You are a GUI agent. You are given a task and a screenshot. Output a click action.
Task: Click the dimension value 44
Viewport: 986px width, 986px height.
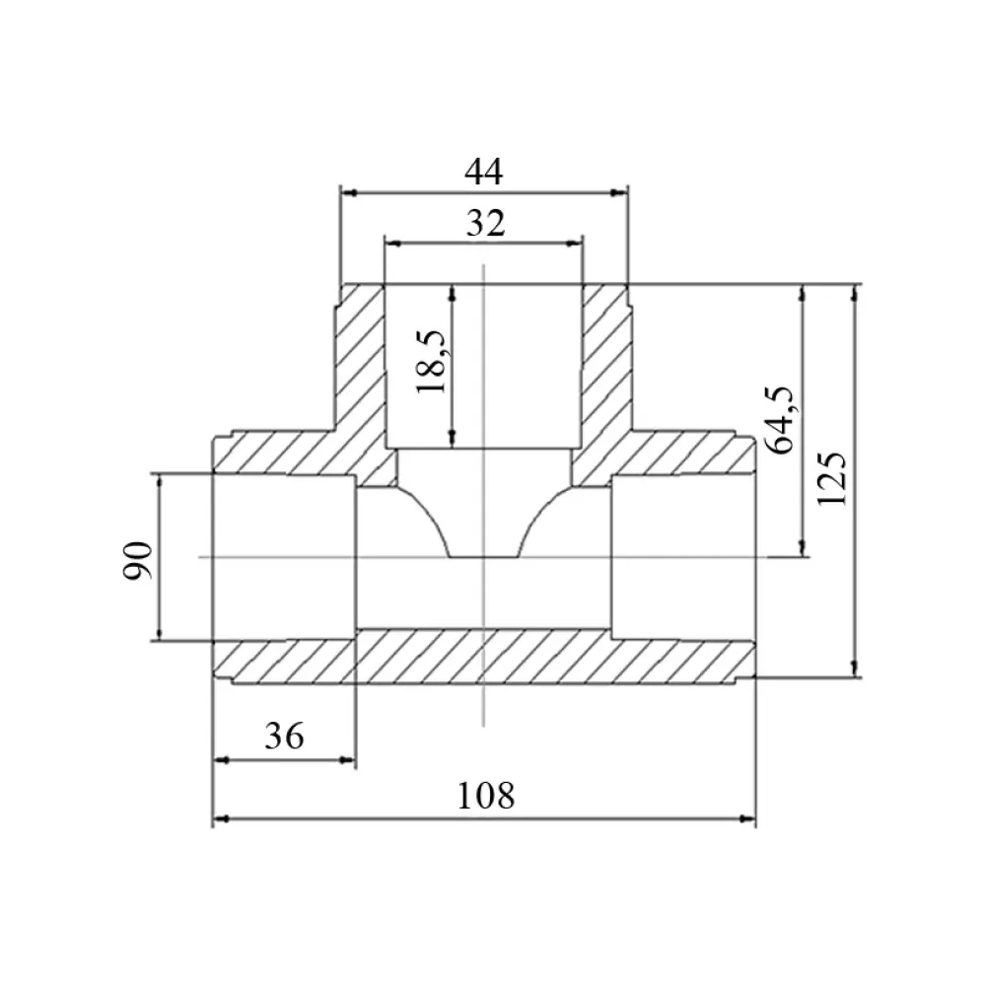[483, 172]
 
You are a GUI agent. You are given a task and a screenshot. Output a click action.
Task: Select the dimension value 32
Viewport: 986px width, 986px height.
[485, 223]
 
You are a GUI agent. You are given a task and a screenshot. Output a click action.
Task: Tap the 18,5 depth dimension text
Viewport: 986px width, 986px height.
[432, 362]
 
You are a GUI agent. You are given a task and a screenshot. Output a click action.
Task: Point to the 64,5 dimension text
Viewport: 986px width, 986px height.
[780, 419]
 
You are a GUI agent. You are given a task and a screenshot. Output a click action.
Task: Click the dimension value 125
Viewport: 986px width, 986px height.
[832, 478]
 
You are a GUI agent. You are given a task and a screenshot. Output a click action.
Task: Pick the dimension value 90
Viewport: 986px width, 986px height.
[138, 560]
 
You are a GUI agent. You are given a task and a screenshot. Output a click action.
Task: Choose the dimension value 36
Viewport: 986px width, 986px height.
[284, 736]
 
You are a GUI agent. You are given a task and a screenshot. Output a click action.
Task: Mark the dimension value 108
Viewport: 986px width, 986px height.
[485, 796]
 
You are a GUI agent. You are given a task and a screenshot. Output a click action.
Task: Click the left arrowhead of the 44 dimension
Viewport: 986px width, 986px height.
[348, 192]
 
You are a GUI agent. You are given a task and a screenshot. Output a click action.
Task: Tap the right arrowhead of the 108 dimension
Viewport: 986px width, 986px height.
[747, 818]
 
